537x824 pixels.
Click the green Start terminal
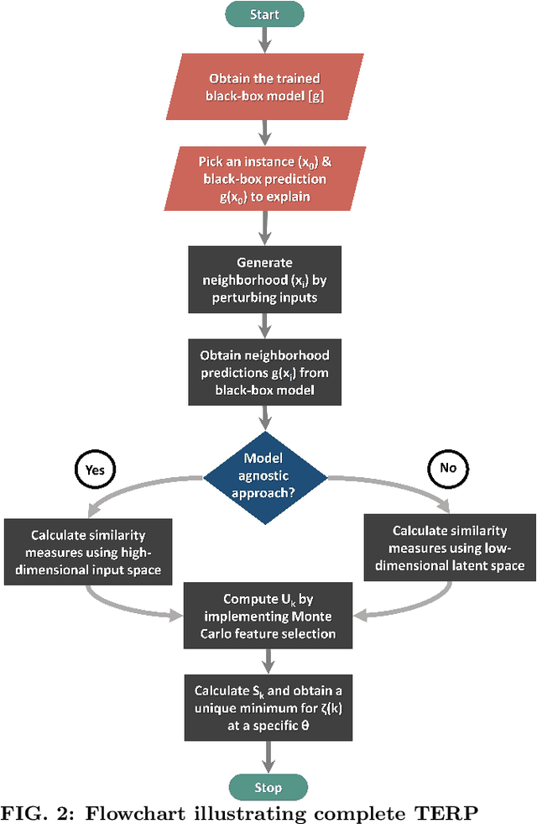point(264,14)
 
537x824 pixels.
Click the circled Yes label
point(95,470)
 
